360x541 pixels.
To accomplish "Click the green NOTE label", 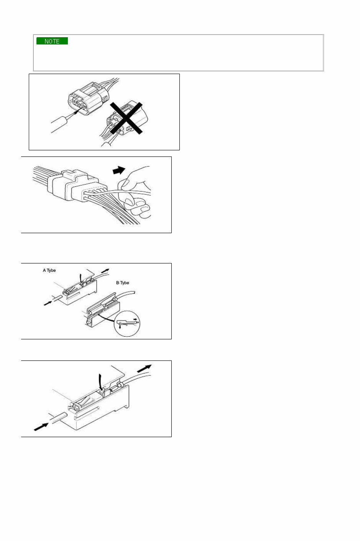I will coord(52,41).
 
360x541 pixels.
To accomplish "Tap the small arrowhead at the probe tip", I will coord(78,112).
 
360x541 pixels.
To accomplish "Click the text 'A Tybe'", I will coord(49,270).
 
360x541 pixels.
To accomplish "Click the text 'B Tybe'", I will coord(123,283).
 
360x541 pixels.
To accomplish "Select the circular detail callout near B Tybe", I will coord(128,323).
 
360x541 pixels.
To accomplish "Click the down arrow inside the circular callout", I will coord(120,327).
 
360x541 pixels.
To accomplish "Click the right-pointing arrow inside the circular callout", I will coord(135,319).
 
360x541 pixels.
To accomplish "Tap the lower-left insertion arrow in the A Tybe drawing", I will coord(47,303).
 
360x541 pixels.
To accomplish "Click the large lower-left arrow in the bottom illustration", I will coord(41,427).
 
